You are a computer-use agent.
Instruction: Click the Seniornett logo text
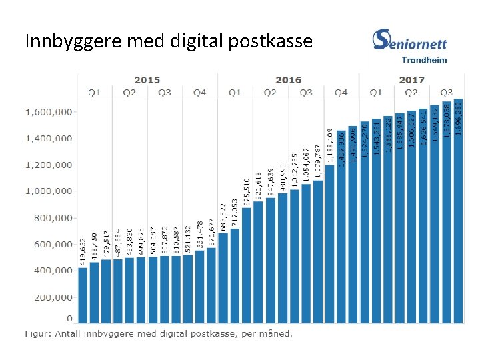(x=410, y=41)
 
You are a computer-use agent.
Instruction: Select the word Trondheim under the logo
(x=424, y=59)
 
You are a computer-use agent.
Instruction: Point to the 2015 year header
(x=147, y=79)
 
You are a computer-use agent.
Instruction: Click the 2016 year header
(x=288, y=79)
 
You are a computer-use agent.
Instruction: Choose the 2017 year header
(x=411, y=79)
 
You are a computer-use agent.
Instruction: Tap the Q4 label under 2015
(x=199, y=92)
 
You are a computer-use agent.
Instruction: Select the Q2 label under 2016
(x=270, y=92)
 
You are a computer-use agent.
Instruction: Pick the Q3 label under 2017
(x=447, y=92)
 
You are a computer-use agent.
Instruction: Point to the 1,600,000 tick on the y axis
(x=49, y=112)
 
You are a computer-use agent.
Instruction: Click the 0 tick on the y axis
(x=69, y=319)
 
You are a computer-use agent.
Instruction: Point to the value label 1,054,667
(x=306, y=165)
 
